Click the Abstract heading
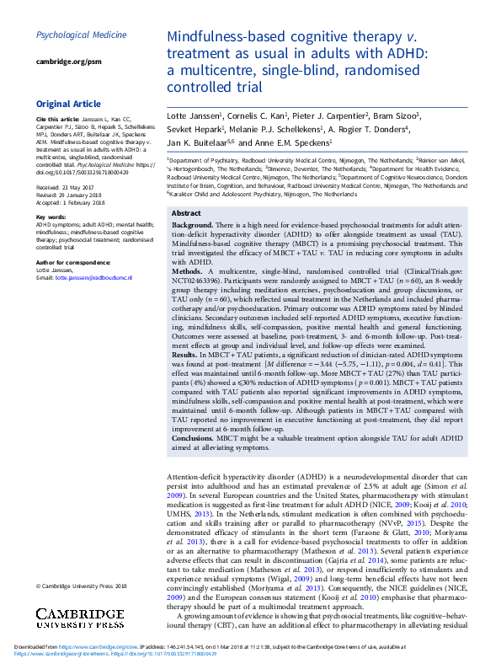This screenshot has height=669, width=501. [186, 213]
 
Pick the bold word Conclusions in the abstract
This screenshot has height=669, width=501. [200, 439]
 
